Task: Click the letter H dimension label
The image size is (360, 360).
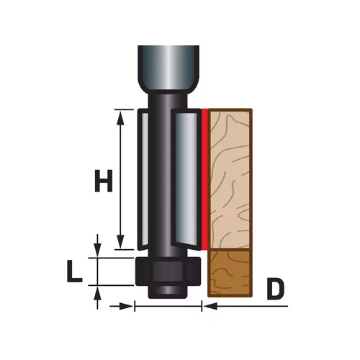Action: click(104, 181)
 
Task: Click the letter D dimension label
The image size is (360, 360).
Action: click(275, 289)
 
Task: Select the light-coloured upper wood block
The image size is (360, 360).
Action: click(230, 179)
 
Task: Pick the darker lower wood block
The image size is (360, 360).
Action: click(230, 273)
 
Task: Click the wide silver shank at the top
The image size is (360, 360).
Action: click(168, 68)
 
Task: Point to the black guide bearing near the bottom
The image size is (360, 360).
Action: click(168, 271)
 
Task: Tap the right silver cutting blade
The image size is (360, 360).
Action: click(186, 179)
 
